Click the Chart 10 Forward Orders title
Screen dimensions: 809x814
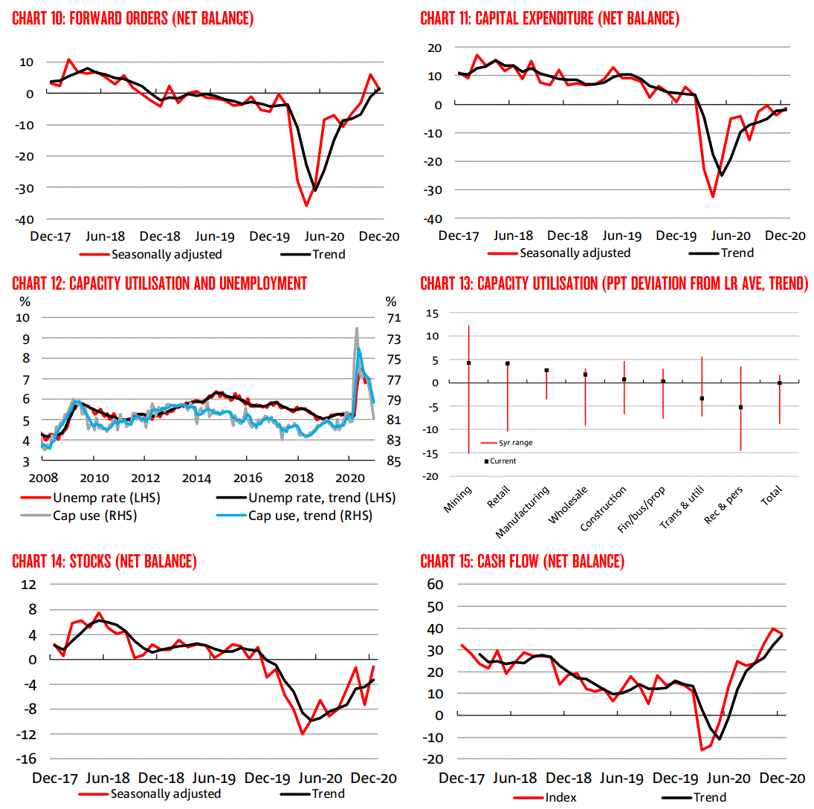click(x=133, y=19)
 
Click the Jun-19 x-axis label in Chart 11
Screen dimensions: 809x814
click(x=621, y=236)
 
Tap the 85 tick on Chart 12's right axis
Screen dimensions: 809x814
click(x=393, y=461)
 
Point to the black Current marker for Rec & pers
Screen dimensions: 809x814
click(x=740, y=407)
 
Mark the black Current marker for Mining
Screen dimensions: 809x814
click(x=468, y=363)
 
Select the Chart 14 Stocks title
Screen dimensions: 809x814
click(x=105, y=562)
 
